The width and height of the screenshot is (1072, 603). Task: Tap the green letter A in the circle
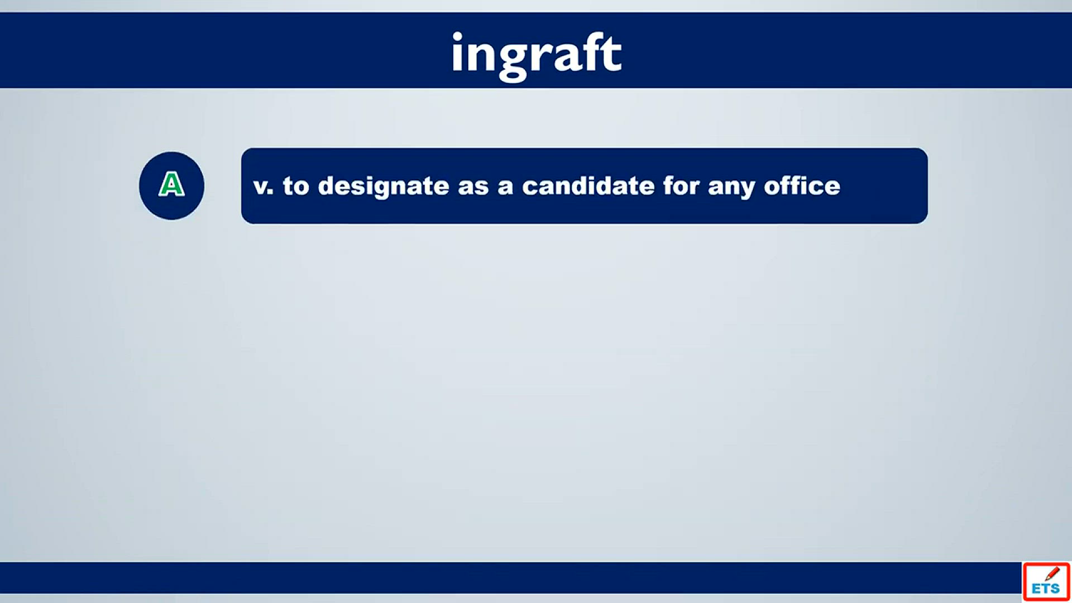[x=171, y=184]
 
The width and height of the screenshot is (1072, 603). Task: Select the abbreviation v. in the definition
[x=264, y=186]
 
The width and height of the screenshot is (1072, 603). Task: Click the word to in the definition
[x=296, y=186]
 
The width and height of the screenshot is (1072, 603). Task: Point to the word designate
[x=384, y=186]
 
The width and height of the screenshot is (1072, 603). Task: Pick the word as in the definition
[x=473, y=187]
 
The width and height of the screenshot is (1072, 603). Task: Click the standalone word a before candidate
[x=505, y=187]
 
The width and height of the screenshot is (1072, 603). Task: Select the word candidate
[x=588, y=185]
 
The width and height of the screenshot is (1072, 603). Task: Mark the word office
[x=802, y=185]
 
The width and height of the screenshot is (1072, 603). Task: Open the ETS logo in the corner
[x=1046, y=582]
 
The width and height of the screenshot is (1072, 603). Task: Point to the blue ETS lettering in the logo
[x=1046, y=588]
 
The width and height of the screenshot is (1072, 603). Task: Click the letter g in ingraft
[x=513, y=60]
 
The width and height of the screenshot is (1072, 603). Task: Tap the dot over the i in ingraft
[x=457, y=36]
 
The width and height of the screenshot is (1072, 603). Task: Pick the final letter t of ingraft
[x=612, y=54]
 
